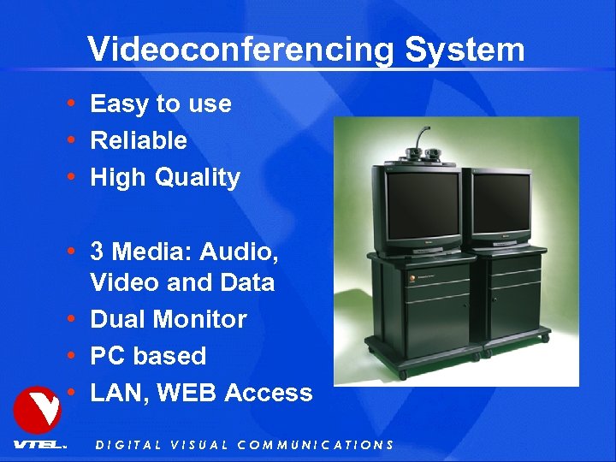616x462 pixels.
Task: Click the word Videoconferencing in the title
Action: tap(241, 50)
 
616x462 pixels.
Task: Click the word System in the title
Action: tap(465, 50)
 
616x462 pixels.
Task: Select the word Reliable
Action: tap(139, 140)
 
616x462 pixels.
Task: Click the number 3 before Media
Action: tap(97, 252)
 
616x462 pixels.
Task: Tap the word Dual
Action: tap(116, 319)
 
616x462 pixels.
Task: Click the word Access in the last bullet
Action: tap(269, 393)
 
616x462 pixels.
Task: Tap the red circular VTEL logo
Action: tap(37, 410)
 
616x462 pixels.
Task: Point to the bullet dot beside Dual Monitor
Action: tap(74, 319)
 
